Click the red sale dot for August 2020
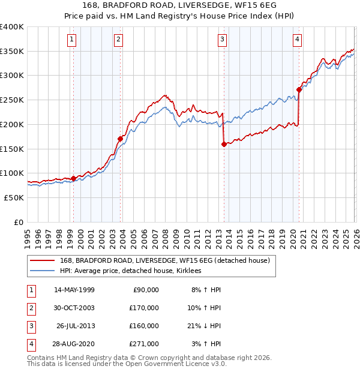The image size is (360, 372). pos(299,90)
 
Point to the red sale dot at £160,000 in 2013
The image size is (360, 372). pos(224,144)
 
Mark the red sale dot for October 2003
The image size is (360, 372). pos(121,139)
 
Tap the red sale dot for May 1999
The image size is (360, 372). pos(74,178)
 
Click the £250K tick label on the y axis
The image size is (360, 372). pos(11,100)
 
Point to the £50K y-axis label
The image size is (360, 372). pos(14,197)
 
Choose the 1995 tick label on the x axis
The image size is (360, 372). pos(27,234)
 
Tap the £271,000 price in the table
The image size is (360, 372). pos(144,344)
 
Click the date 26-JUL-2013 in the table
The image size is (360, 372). pos(75,326)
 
